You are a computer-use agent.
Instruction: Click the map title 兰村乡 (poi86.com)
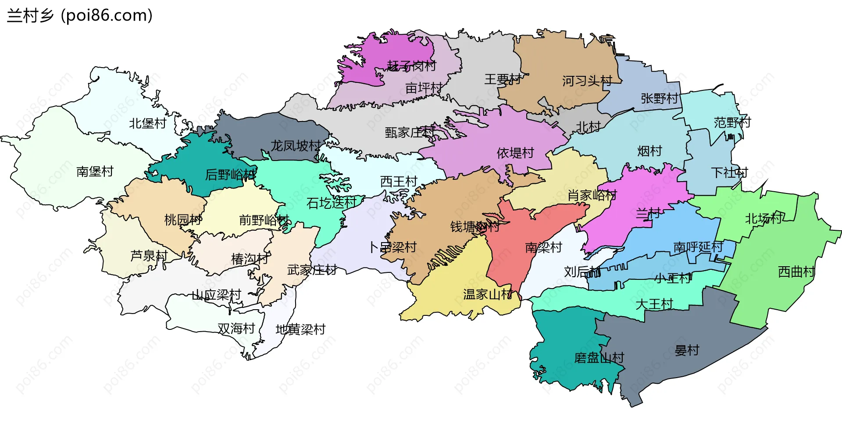pos(80,16)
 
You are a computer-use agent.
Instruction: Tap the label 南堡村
pos(95,172)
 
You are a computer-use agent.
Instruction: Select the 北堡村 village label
pos(147,124)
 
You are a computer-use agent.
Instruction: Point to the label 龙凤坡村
pos(296,146)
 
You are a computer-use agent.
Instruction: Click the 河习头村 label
pos(587,81)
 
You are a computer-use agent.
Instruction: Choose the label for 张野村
pos(659,98)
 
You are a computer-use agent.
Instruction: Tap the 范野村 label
pos(732,122)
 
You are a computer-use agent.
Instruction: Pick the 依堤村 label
pos(515,153)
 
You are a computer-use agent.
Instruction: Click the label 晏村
pos(687,350)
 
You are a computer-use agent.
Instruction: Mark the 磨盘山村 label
pos(599,358)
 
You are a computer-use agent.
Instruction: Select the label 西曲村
pos(796,272)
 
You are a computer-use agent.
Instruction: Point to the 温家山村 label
pos(488,294)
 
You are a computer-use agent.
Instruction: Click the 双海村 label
pos(236,329)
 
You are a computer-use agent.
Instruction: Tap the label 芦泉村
pos(149,256)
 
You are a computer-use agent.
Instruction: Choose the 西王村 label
pos(398,181)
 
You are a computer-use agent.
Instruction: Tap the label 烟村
pos(649,151)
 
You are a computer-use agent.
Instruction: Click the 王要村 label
pos(503,79)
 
